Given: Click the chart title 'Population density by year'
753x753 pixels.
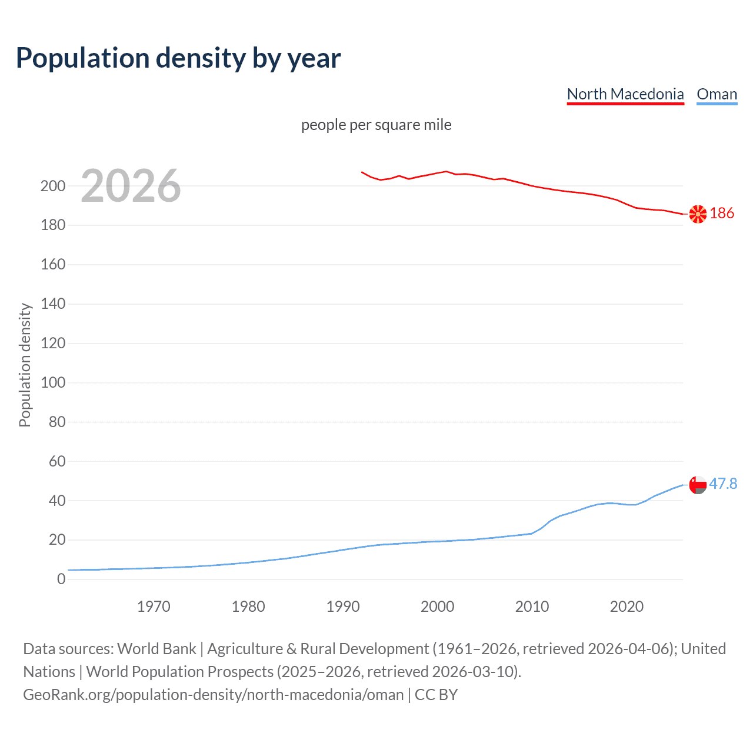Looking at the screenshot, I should click(x=178, y=58).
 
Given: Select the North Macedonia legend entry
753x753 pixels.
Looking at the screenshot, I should click(x=625, y=94).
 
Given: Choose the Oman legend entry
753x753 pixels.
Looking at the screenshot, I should click(x=717, y=94).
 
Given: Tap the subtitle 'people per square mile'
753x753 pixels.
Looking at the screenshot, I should click(x=376, y=125).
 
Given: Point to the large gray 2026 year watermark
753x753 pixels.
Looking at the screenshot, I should click(x=131, y=186).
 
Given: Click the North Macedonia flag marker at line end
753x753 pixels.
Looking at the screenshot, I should click(x=698, y=214).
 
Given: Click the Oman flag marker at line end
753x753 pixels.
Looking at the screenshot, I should click(x=698, y=485).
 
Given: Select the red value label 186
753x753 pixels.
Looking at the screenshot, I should click(x=722, y=213).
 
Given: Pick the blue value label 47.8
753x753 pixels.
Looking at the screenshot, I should click(x=723, y=484).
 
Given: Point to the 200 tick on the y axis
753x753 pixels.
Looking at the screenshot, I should click(x=53, y=186).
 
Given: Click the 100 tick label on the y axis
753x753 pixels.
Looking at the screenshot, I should click(x=53, y=382).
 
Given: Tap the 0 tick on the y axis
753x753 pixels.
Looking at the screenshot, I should click(x=61, y=579).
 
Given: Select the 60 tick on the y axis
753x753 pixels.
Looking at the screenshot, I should click(x=57, y=461).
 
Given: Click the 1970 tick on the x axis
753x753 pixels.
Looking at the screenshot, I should click(x=154, y=607).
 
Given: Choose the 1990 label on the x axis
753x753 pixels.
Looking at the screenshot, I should click(x=343, y=607).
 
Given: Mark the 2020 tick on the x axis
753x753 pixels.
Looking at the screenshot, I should click(x=627, y=607).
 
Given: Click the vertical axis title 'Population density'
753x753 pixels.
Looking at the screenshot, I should click(x=25, y=365).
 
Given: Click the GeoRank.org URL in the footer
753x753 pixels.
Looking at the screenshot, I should click(x=213, y=695).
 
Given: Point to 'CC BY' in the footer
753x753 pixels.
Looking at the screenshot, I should click(x=436, y=695).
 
